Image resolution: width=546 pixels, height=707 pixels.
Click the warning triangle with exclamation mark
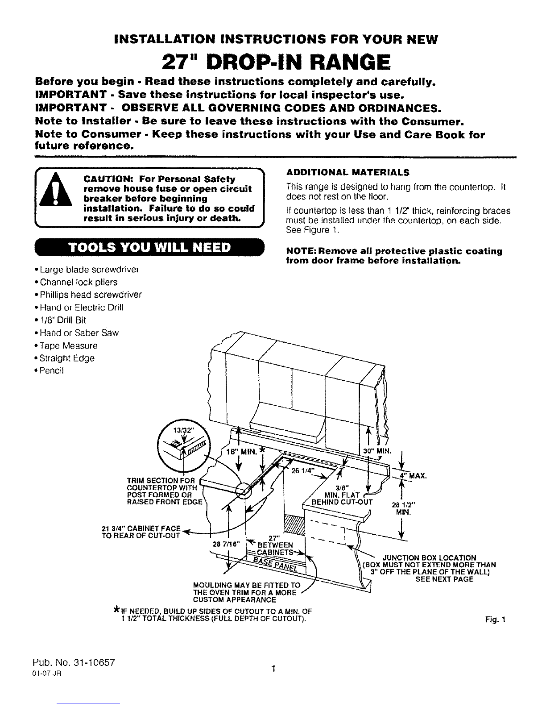pos(56,189)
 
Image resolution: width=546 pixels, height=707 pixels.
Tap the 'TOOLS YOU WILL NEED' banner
pos(149,247)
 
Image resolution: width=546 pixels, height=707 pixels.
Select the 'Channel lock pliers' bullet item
pos(76,282)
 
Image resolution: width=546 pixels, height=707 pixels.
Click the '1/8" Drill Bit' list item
pos(60,320)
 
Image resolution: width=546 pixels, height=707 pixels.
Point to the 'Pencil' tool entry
pos(49,370)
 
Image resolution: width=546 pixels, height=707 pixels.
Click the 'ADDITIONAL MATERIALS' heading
pos(347,172)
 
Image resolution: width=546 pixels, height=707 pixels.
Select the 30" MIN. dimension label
pos(377,451)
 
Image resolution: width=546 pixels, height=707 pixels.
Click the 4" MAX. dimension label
pos(413,476)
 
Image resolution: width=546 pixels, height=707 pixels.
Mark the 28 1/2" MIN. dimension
pos(404,508)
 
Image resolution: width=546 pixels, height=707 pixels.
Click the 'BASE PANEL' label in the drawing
pos(275,564)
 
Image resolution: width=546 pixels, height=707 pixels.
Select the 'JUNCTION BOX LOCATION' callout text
pos(429,557)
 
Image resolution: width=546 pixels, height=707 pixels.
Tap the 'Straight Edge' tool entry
pos(64,358)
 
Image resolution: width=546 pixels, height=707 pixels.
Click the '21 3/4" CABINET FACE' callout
pos(141,528)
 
